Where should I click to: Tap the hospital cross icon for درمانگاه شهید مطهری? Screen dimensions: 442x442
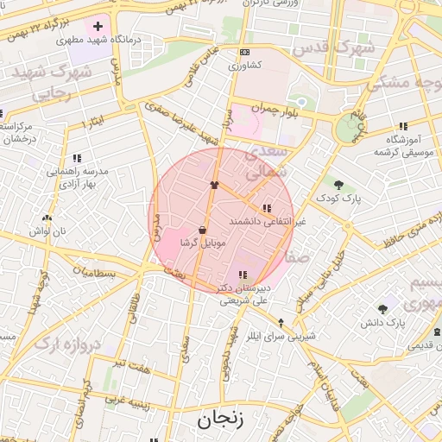point(98,27)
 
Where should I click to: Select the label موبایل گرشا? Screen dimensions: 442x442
point(202,244)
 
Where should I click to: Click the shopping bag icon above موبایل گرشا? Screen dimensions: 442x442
point(202,230)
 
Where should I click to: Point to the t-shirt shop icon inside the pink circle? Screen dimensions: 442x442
point(214,185)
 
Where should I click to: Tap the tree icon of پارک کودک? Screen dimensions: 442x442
point(338,185)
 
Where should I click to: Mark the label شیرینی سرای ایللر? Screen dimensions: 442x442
point(281,335)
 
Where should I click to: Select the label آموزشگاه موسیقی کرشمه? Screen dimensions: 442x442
point(401,145)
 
